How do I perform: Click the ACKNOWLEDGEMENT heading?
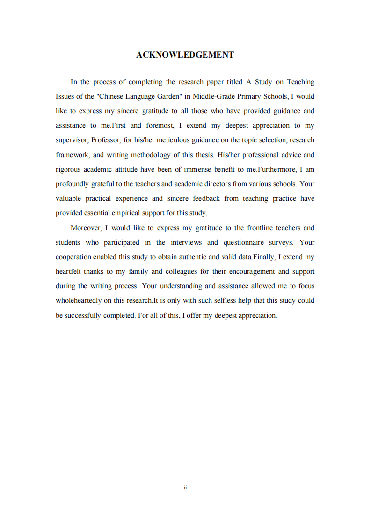pos(185,55)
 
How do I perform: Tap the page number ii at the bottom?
pos(185,488)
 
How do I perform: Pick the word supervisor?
pos(72,140)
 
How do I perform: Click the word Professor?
pos(106,140)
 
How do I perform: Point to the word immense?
pos(204,169)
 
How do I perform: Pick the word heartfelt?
pos(68,271)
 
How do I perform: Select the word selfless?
pos(224,300)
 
